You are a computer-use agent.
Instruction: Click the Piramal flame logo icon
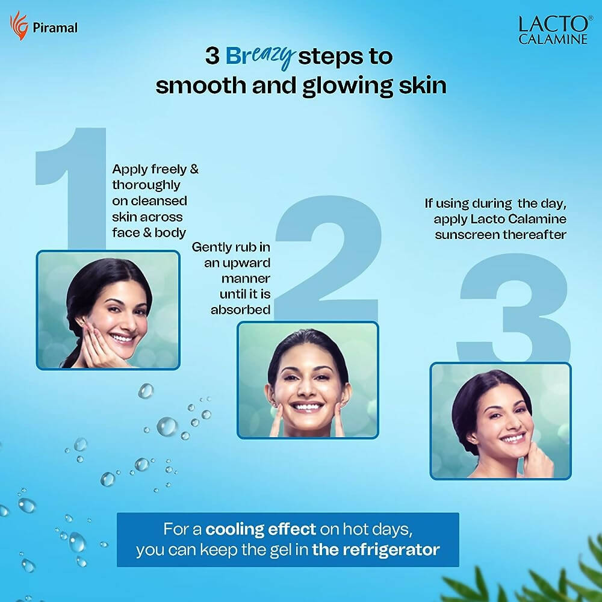[19, 26]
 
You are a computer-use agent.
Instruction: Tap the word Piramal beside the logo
[55, 28]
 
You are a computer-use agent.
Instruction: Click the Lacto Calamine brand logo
[553, 30]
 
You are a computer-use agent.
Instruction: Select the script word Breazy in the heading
[260, 57]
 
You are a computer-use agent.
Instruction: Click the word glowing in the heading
[347, 86]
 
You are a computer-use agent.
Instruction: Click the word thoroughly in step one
[146, 185]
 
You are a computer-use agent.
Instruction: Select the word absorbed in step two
[240, 309]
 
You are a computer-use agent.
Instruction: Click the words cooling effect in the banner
[261, 529]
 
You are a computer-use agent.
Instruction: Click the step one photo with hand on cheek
[108, 310]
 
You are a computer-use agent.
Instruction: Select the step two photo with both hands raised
[308, 380]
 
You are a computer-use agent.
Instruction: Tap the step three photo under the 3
[501, 421]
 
